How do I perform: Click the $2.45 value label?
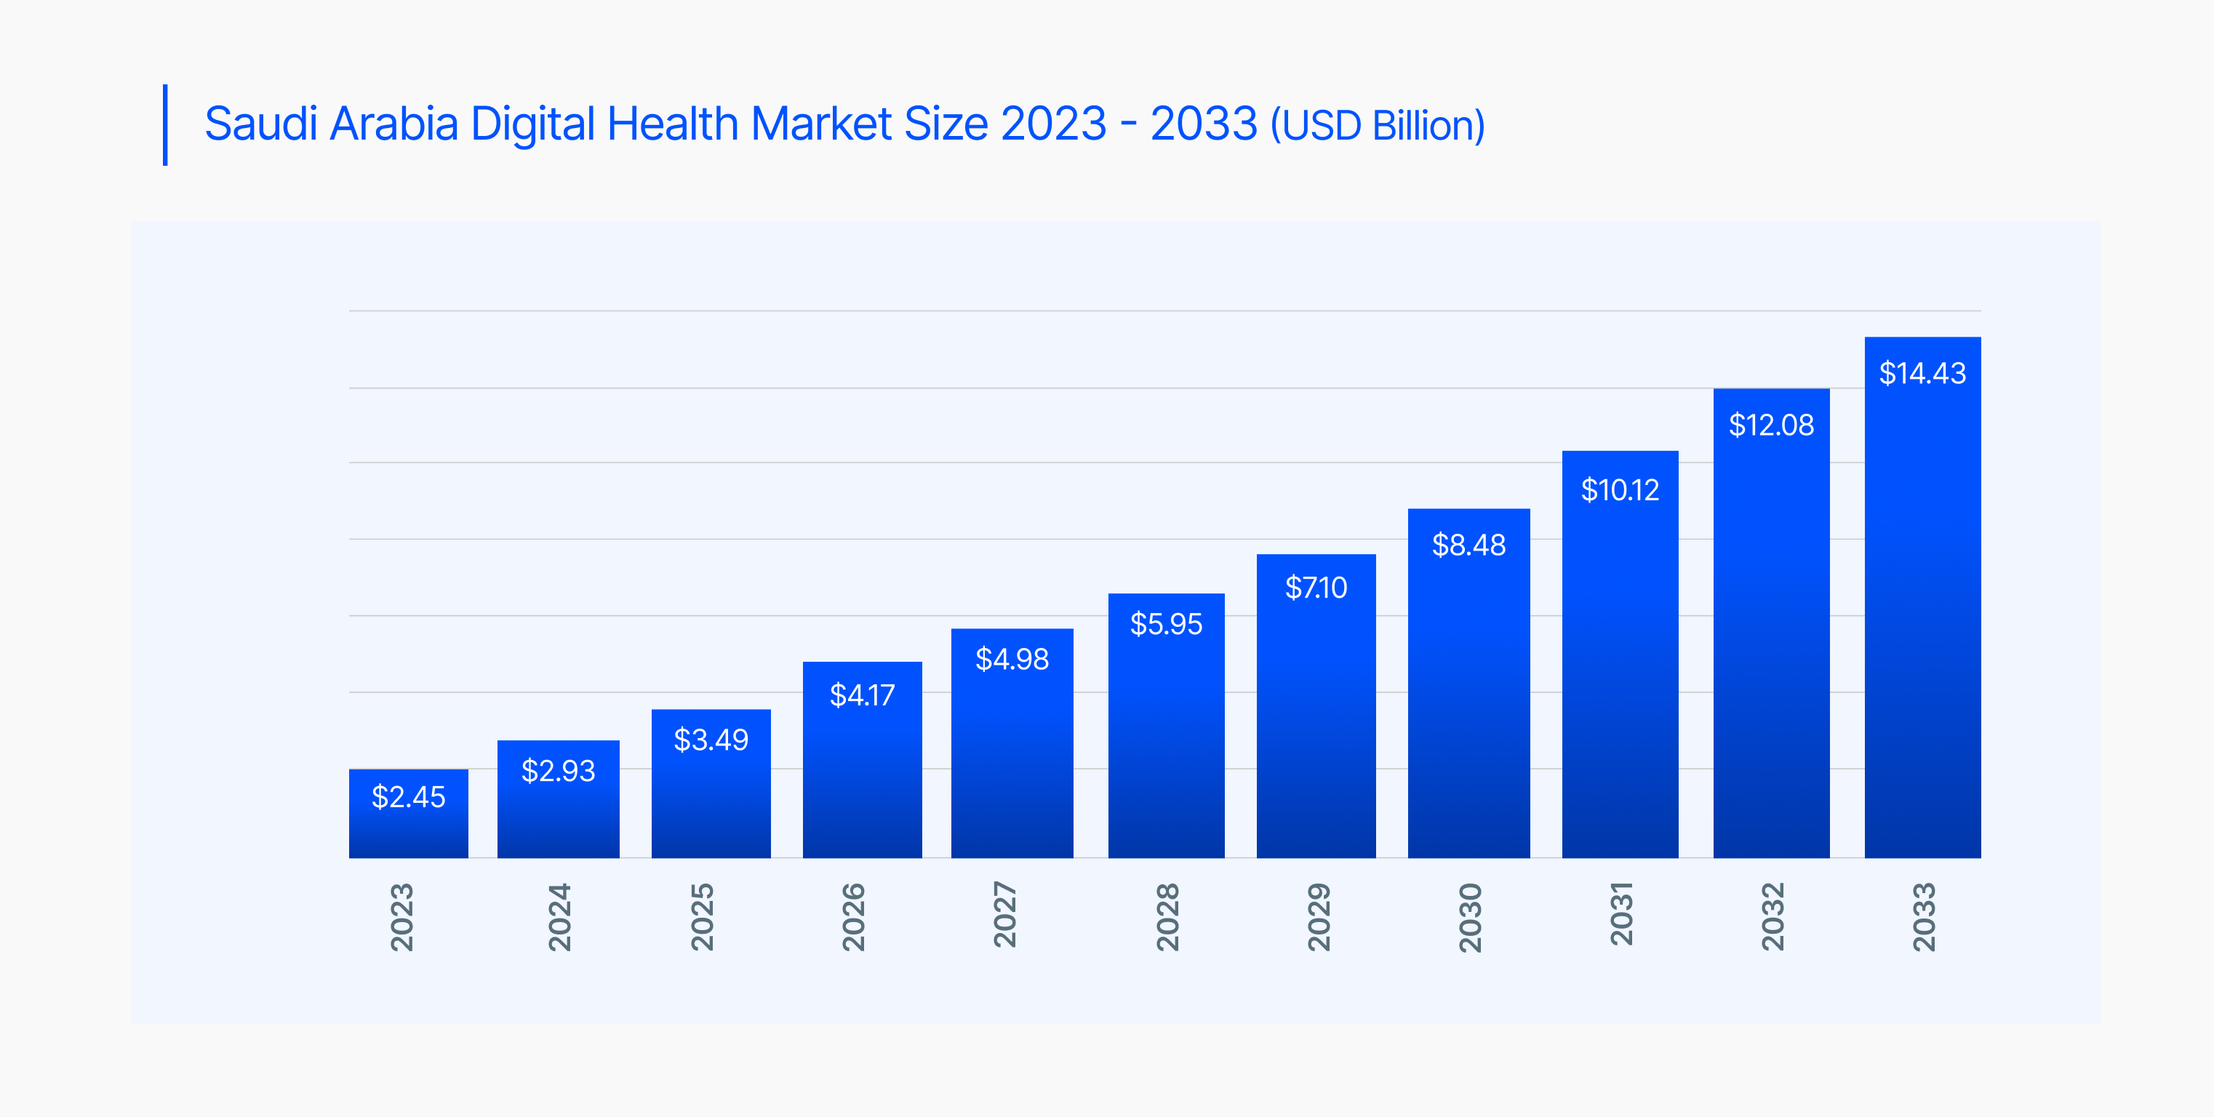click(408, 797)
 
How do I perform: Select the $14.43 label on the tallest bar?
click(1922, 374)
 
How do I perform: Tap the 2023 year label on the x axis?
click(402, 917)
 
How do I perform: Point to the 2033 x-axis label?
click(1924, 917)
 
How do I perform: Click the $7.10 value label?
click(1316, 588)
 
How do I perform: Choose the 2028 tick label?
click(1167, 917)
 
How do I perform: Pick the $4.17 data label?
click(862, 695)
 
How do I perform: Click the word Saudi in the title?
click(261, 124)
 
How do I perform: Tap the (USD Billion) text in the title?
click(1378, 127)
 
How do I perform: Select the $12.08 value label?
click(1771, 425)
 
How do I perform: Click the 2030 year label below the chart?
click(1470, 917)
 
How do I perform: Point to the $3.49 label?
click(711, 740)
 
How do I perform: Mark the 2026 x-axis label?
click(852, 917)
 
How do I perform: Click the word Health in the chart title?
click(672, 124)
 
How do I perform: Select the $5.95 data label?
click(1167, 624)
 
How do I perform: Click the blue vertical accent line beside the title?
click(165, 124)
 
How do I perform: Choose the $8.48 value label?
click(1468, 545)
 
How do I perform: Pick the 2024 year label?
click(559, 917)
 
